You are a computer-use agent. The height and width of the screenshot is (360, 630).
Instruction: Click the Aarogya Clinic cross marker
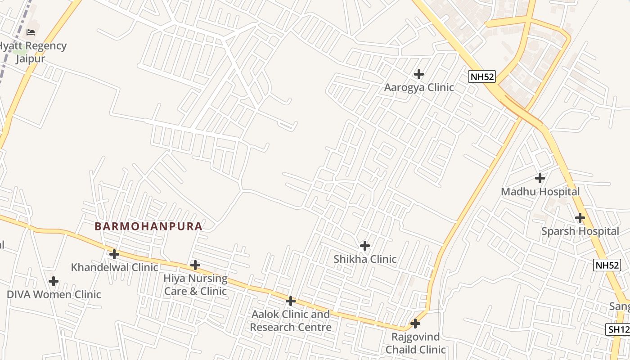click(419, 74)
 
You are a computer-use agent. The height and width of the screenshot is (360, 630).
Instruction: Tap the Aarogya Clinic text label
click(419, 87)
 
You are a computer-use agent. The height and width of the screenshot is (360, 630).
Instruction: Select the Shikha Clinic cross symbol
click(365, 246)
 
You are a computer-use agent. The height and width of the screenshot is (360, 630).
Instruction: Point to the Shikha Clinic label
click(365, 259)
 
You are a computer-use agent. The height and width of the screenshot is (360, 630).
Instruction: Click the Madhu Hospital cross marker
click(540, 178)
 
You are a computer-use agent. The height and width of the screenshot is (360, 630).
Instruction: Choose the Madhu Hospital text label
click(540, 192)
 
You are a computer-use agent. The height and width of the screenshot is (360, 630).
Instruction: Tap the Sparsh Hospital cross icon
click(580, 218)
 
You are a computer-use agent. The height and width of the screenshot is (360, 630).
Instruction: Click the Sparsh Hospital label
click(580, 231)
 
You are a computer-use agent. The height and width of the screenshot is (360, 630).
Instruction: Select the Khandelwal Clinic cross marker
click(114, 254)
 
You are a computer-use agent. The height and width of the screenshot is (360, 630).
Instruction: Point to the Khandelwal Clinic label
click(114, 267)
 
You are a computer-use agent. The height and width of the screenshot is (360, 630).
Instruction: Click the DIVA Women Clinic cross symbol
click(54, 282)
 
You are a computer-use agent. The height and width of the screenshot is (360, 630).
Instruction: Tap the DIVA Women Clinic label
click(54, 295)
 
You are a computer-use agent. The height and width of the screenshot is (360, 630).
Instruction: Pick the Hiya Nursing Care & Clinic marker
click(195, 265)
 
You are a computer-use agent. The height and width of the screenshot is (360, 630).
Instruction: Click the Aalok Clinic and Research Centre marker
click(291, 301)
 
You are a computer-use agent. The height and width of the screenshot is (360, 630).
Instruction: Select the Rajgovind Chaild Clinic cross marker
click(415, 324)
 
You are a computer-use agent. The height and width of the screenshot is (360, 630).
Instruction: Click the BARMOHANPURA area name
click(148, 226)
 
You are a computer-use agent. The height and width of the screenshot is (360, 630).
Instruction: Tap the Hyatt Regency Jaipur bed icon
click(31, 32)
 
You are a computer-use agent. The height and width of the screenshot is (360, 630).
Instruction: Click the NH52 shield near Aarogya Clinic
click(482, 77)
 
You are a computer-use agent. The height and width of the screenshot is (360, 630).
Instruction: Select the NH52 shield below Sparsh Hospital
click(607, 265)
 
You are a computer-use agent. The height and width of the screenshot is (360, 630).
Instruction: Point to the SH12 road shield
click(619, 329)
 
